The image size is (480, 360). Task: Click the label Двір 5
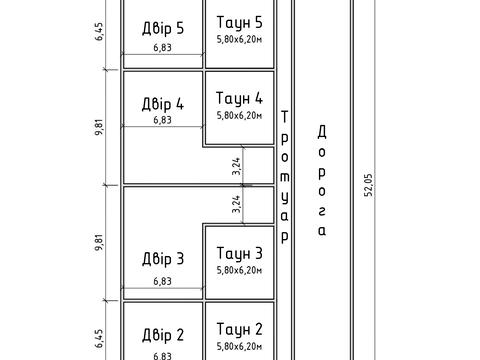pos(163,28)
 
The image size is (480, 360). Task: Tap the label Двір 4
pos(163,104)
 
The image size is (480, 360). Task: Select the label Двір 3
pos(163,259)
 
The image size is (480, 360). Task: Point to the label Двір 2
pos(163,335)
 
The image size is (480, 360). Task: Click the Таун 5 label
pos(239,22)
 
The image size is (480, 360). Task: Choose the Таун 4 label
pos(239,98)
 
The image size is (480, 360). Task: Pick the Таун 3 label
pos(239,253)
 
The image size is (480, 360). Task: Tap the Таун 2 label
pos(239,329)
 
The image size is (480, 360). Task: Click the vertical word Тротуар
pos(284,177)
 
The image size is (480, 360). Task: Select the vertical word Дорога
pos(322,181)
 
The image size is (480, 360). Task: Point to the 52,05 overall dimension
pos(368,185)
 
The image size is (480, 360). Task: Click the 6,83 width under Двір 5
pos(163,47)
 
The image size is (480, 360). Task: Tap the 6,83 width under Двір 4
pos(163,120)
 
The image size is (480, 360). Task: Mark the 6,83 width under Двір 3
pos(163,281)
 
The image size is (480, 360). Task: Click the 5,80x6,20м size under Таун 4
pos(239,115)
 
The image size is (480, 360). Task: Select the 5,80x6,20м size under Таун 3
pos(239,270)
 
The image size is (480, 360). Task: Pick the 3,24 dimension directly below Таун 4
pos(236,166)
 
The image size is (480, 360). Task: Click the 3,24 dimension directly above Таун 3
pos(236,204)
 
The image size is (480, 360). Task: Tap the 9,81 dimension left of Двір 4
pos(99,127)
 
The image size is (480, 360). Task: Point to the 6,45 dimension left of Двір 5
pos(99,31)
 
